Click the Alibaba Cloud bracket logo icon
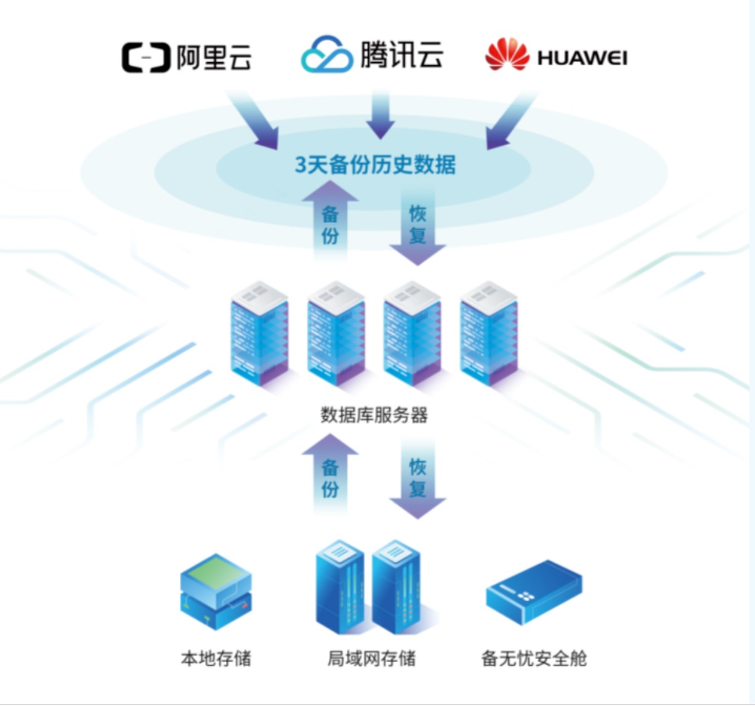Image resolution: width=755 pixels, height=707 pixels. coord(145,58)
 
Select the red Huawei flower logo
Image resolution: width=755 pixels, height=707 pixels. coord(506,55)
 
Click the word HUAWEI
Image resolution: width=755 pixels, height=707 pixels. coord(582,59)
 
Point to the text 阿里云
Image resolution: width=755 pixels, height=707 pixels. coord(214,58)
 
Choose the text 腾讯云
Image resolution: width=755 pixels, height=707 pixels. coord(402,54)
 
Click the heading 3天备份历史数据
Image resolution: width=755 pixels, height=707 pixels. coord(375,165)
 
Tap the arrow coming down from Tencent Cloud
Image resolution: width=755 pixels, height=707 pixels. coord(380,115)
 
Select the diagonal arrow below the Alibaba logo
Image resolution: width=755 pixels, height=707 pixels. coord(256,120)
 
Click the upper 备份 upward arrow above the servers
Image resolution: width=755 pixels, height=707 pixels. coord(330,222)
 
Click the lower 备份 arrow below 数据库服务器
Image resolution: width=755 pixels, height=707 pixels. coord(330,475)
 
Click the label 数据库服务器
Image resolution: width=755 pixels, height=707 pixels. coord(374,414)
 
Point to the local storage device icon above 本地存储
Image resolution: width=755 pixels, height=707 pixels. coord(216,592)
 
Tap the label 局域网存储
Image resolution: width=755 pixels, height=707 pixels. coord(371,658)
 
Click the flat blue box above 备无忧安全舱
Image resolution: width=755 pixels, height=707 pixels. coord(533,592)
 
